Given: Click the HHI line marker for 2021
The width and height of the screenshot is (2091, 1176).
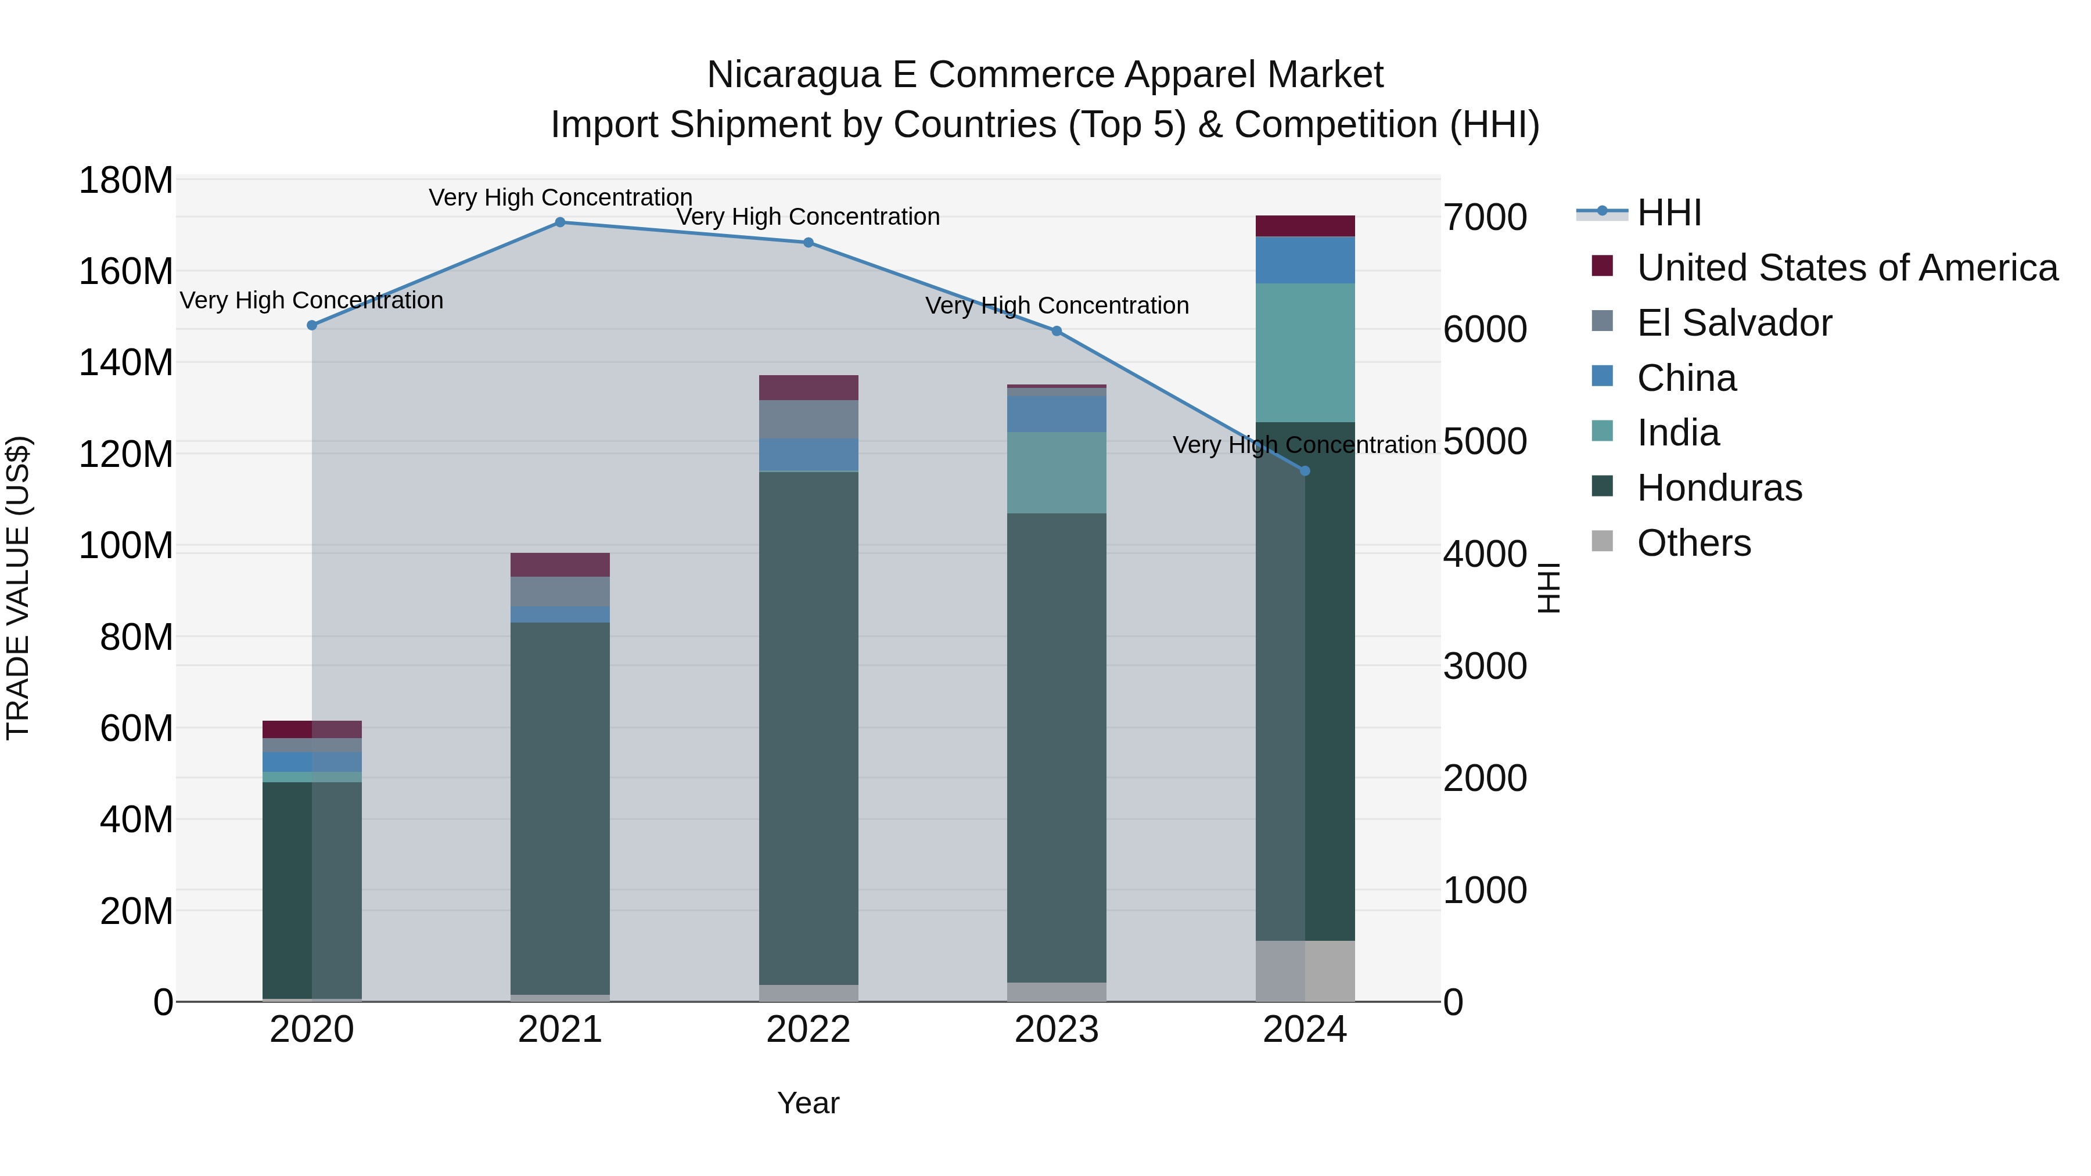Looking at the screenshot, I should pyautogui.click(x=560, y=222).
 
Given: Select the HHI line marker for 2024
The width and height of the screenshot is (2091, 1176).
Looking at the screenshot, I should pyautogui.click(x=1305, y=471).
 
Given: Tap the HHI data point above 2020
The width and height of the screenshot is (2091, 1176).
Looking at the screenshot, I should pyautogui.click(x=312, y=325).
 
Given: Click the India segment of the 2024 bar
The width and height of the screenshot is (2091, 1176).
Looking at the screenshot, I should pyautogui.click(x=1305, y=353).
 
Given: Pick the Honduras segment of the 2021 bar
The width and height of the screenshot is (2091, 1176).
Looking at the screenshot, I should pyautogui.click(x=560, y=808).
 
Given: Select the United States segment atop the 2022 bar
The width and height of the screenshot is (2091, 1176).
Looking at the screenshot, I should pyautogui.click(x=809, y=388).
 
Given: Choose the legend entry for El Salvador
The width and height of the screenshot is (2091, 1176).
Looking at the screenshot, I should pyautogui.click(x=1734, y=323).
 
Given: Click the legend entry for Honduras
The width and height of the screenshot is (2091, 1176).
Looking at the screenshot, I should pyautogui.click(x=1719, y=488).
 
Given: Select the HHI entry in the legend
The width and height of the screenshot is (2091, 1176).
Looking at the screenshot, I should pyautogui.click(x=1669, y=213).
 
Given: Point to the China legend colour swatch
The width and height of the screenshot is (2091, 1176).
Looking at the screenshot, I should pyautogui.click(x=1603, y=376).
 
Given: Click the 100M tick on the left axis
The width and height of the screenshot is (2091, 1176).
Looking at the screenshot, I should pyautogui.click(x=126, y=545).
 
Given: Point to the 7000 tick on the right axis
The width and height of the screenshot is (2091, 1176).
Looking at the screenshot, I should pyautogui.click(x=1485, y=218).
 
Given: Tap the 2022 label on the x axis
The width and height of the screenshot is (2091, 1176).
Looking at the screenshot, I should pyautogui.click(x=809, y=1030).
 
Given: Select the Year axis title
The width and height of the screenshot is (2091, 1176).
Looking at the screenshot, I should pyautogui.click(x=809, y=1103).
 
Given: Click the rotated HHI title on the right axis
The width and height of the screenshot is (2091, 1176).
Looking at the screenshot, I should pyautogui.click(x=1549, y=588).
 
